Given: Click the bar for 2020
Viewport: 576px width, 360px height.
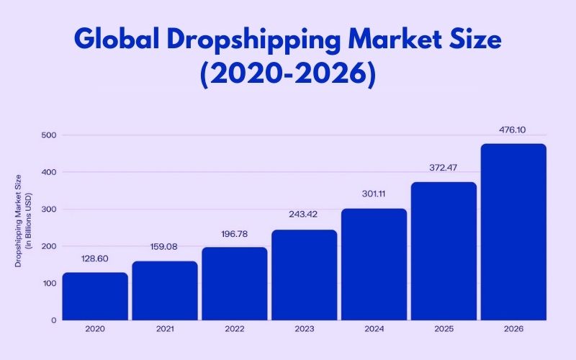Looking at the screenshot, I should click(x=95, y=296).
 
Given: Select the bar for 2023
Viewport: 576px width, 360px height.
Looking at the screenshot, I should click(x=304, y=274).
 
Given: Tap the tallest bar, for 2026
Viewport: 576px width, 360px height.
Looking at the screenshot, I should click(x=513, y=231).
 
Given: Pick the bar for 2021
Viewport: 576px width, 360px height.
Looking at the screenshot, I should click(x=165, y=290).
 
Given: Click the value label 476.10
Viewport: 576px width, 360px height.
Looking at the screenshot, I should click(x=513, y=130).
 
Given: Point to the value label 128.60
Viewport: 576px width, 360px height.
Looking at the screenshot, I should click(x=95, y=258).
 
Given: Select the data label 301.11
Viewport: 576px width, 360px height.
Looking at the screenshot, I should click(x=374, y=194).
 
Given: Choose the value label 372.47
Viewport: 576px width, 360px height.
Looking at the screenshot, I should click(x=444, y=168).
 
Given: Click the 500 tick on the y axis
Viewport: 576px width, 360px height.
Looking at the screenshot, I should click(x=48, y=135).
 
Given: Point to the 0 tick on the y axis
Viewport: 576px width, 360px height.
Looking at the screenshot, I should click(x=53, y=320).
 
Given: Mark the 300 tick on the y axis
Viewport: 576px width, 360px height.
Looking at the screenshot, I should click(x=48, y=209).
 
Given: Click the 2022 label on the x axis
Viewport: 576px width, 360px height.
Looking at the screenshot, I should click(x=234, y=330).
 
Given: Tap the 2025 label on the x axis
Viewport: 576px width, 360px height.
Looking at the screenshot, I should click(x=444, y=330).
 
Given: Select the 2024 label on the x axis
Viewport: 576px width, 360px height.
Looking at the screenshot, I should click(x=374, y=330).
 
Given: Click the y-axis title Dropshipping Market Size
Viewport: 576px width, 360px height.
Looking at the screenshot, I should click(x=19, y=220).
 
